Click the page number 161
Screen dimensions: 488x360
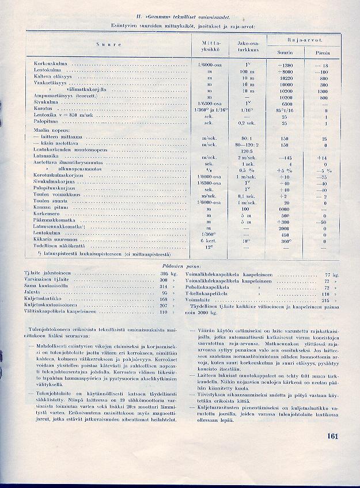tap(331, 436)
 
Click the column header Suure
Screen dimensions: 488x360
tap(104, 45)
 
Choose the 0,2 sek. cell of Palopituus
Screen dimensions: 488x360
tap(248, 123)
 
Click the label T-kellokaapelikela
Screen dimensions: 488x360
tap(209, 293)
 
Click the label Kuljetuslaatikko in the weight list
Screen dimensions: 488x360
tap(44, 299)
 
